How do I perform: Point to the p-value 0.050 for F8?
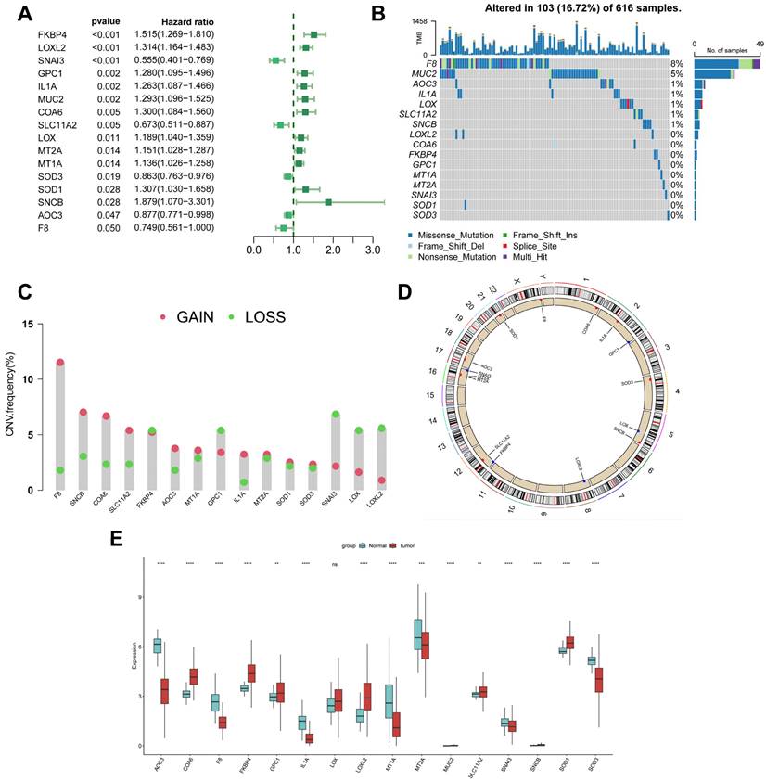click(x=103, y=228)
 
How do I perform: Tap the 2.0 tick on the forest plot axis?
click(x=333, y=250)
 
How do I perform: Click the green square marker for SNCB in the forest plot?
click(x=327, y=201)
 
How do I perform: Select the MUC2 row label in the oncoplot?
click(x=424, y=72)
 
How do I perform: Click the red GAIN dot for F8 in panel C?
click(x=60, y=363)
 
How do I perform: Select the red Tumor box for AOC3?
click(x=164, y=690)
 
